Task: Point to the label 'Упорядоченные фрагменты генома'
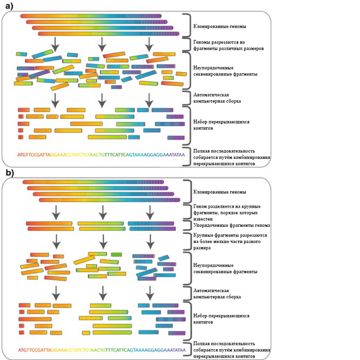[x=232, y=225]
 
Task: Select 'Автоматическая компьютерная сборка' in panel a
[x=213, y=98]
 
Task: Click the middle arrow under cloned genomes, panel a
[x=101, y=43]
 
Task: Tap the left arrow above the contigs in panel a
[x=55, y=99]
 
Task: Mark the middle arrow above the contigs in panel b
[x=103, y=292]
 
